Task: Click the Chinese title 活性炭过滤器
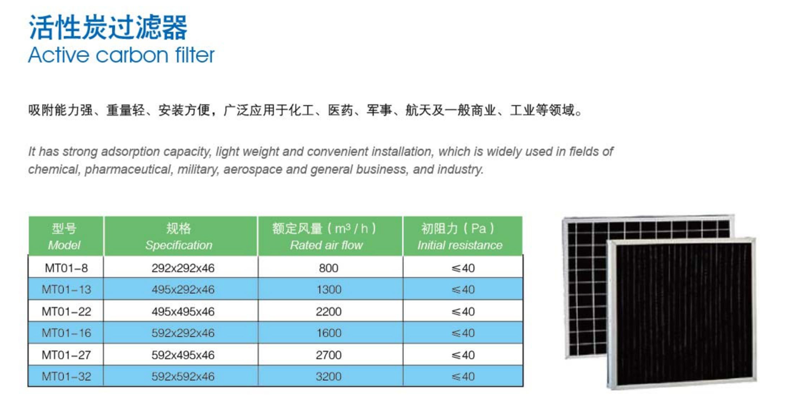(108, 27)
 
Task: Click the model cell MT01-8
(66, 268)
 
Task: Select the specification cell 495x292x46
(183, 289)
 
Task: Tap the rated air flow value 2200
(329, 311)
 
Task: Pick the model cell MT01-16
(66, 333)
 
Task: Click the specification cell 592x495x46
(183, 355)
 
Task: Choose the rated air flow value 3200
(329, 376)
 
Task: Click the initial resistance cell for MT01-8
(463, 268)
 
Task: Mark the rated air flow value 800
(329, 268)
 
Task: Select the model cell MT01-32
(66, 376)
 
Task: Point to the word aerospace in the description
(252, 170)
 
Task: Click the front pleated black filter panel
(682, 314)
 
